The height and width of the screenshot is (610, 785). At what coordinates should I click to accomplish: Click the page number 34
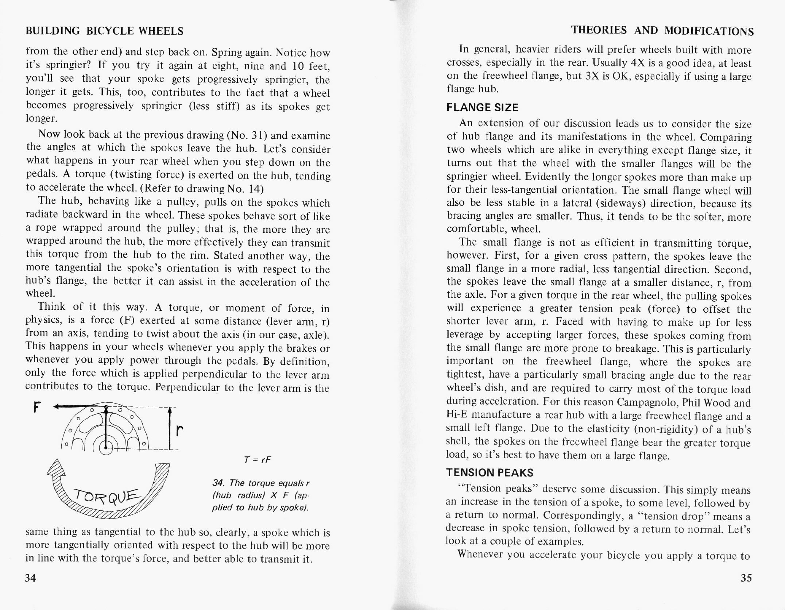coord(31,578)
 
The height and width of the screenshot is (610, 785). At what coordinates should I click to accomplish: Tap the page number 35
coord(746,578)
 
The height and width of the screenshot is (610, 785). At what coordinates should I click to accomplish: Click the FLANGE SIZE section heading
coord(482,108)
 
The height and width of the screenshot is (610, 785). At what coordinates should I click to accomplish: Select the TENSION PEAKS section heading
coord(490,473)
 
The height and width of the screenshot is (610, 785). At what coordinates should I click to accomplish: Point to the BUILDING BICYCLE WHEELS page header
coord(104,31)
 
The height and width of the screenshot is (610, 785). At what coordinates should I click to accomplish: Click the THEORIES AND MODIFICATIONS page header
coord(662,31)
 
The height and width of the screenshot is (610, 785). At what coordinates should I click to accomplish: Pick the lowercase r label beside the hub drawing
coord(179,431)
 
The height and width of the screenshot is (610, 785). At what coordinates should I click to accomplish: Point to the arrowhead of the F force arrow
coord(57,406)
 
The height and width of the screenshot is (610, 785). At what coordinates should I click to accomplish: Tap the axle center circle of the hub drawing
coord(106,448)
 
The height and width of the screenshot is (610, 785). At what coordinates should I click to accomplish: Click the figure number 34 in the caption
coord(217,483)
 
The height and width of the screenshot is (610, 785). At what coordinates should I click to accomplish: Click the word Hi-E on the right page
coord(457,415)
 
